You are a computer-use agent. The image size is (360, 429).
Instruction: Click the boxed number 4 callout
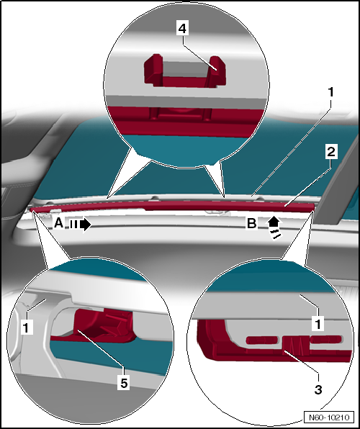(x=182, y=29)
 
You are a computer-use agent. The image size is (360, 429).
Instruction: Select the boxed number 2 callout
(x=331, y=152)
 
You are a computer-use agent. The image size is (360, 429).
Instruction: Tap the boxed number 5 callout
(x=124, y=383)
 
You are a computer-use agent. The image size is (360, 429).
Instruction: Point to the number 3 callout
(x=318, y=389)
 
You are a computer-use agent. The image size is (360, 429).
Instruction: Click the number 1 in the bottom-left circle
(x=27, y=328)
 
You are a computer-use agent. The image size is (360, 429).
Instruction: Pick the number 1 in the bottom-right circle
(x=318, y=324)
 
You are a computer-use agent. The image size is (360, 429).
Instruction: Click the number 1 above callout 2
(x=331, y=92)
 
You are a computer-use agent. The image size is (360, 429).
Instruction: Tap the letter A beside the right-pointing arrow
(x=58, y=223)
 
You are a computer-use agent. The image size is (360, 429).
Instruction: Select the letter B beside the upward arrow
(x=251, y=224)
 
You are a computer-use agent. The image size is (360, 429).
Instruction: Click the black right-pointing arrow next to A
(x=80, y=225)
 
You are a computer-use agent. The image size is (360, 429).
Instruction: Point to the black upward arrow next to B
(x=274, y=227)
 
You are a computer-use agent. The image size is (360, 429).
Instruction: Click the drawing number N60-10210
(x=329, y=417)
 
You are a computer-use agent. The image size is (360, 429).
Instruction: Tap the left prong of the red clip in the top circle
(x=153, y=69)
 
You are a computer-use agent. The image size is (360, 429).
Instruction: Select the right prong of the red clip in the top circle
(x=217, y=71)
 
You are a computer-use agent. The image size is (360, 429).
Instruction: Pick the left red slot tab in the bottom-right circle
(x=261, y=340)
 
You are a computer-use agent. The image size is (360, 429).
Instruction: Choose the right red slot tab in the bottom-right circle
(x=326, y=339)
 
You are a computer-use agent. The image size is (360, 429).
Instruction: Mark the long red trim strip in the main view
(x=173, y=206)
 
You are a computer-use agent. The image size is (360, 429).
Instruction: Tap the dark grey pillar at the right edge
(x=338, y=181)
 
